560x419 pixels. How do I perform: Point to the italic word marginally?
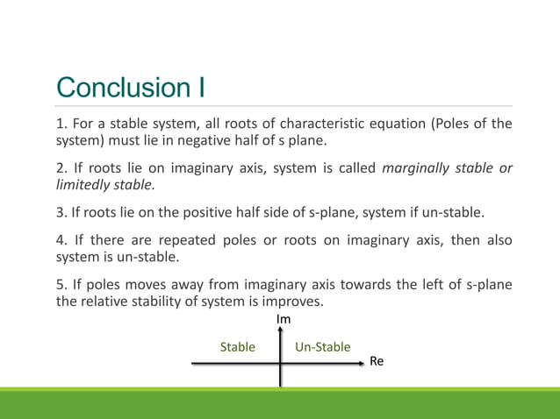(416, 168)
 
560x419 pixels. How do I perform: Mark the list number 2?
(60, 168)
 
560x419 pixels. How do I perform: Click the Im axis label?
(284, 320)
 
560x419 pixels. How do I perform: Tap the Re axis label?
(377, 360)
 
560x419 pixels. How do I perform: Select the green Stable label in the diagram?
(237, 347)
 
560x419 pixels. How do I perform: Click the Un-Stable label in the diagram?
(322, 347)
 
